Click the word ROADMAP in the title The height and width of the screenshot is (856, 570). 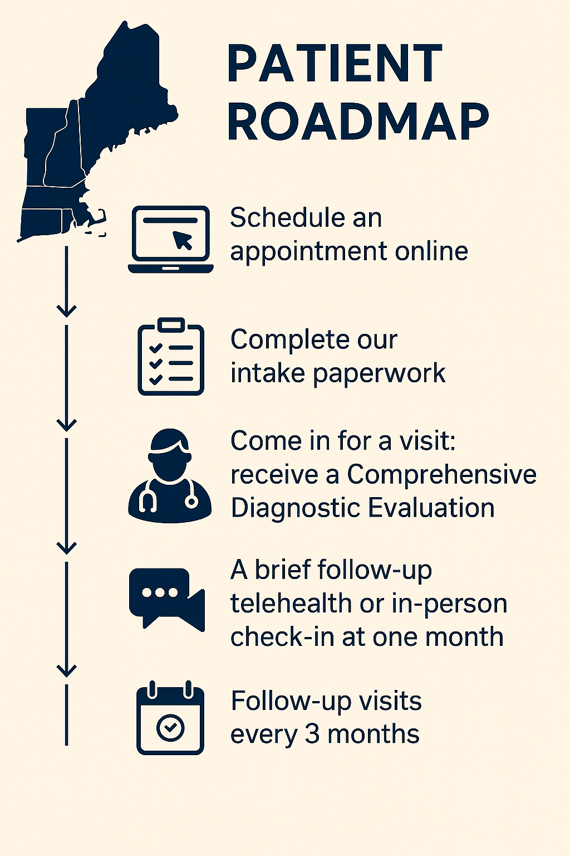[358, 123]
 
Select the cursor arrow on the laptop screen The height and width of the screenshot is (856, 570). [183, 240]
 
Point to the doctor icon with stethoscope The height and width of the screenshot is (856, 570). [170, 476]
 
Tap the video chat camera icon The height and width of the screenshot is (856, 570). [167, 599]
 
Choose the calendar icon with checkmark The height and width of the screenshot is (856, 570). [170, 718]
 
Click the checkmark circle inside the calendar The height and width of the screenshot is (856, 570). [170, 727]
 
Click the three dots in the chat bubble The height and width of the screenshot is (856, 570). [160, 592]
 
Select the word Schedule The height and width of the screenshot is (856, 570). [284, 217]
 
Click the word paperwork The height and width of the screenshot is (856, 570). [379, 373]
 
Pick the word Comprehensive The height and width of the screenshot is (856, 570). [442, 475]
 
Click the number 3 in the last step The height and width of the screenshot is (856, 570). [312, 735]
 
